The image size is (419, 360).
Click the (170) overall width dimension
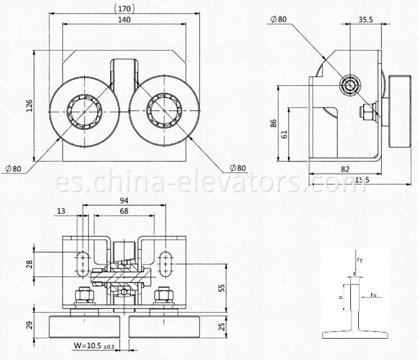pyautogui.click(x=123, y=8)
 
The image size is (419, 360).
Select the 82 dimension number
pyautogui.click(x=344, y=168)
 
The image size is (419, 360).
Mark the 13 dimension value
pyautogui.click(x=60, y=211)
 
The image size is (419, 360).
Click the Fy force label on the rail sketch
pyautogui.click(x=361, y=260)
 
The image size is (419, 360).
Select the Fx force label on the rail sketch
pyautogui.click(x=373, y=294)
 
